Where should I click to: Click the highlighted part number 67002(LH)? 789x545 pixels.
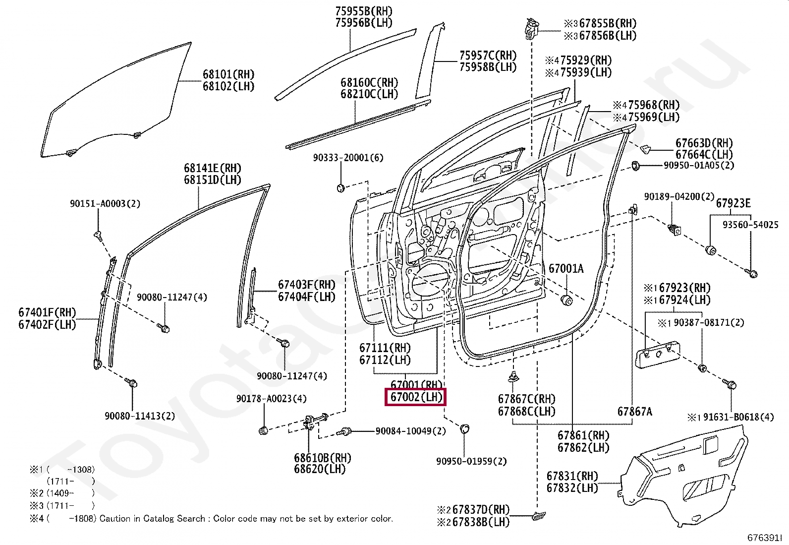pos(416,397)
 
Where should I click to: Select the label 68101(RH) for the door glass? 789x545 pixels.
pos(228,74)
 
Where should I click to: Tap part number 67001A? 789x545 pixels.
pos(566,268)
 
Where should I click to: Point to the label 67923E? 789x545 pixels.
pos(733,203)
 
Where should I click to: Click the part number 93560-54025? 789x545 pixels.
pos(750,225)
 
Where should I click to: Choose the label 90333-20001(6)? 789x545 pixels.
pos(348,158)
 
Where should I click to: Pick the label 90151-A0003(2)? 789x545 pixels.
pos(105,203)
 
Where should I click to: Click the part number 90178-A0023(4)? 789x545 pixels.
pos(271,398)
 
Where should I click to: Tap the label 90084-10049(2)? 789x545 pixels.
pos(410,431)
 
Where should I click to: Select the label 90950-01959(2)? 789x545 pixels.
pos(471,461)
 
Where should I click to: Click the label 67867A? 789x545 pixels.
pos(635,411)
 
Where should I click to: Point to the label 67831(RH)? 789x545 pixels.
pos(572,476)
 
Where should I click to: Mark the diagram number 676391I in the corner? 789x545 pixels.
pos(765,538)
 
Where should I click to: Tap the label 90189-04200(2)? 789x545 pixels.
pos(679,197)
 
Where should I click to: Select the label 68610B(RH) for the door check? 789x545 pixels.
pos(322,458)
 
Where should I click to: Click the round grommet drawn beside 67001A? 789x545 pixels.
pos(567,300)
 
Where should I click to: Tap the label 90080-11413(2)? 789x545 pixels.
pos(140,416)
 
